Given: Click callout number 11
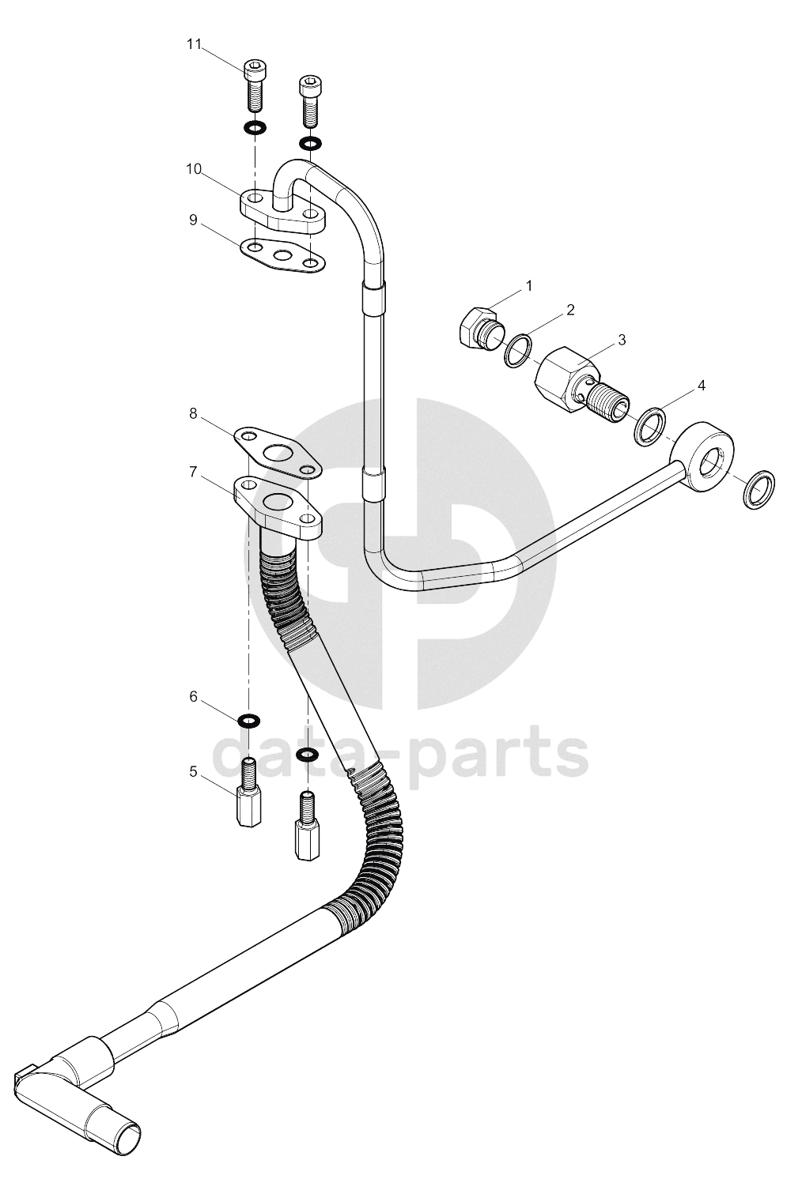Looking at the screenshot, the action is (194, 44).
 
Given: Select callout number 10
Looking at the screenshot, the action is (194, 169).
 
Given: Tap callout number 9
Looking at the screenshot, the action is (193, 220).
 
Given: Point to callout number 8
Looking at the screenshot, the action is (193, 413).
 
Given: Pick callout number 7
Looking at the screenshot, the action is (193, 472).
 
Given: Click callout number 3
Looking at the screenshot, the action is (622, 340).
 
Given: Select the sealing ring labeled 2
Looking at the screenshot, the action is (518, 350).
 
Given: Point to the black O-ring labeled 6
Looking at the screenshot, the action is (248, 721).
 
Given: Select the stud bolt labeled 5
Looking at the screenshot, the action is (248, 793).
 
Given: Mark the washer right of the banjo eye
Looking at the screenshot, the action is (759, 489).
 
